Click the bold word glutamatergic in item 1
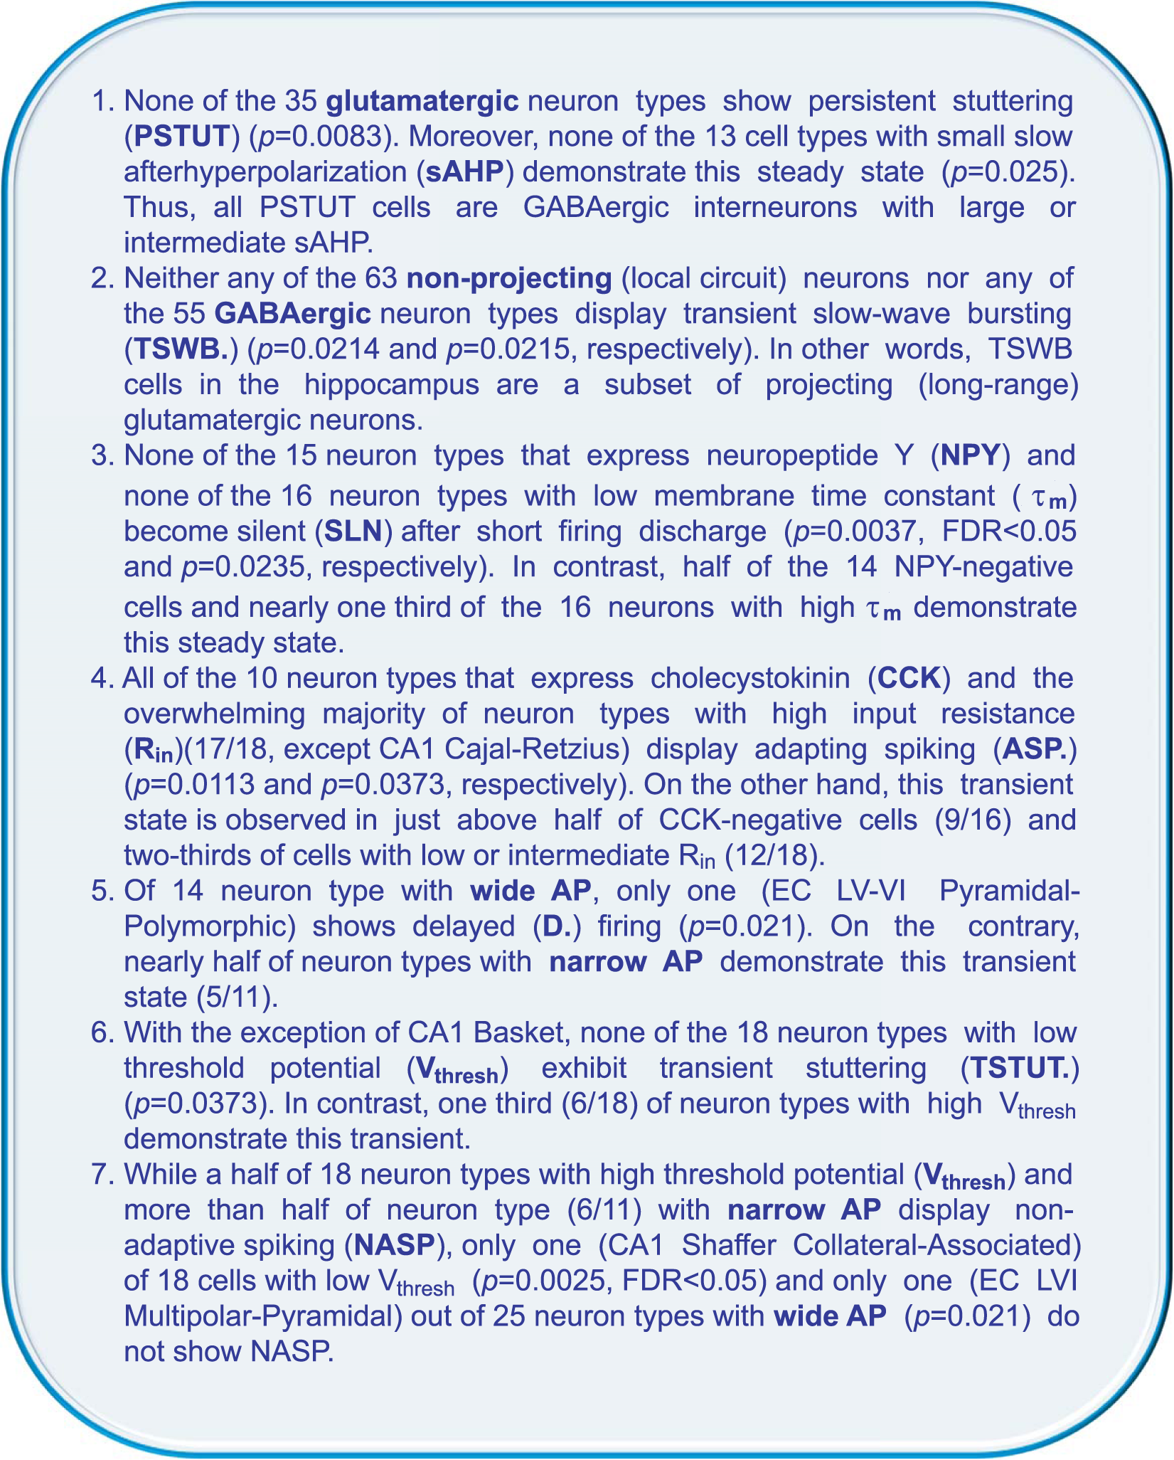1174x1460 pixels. coord(422,102)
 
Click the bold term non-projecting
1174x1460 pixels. coord(509,278)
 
